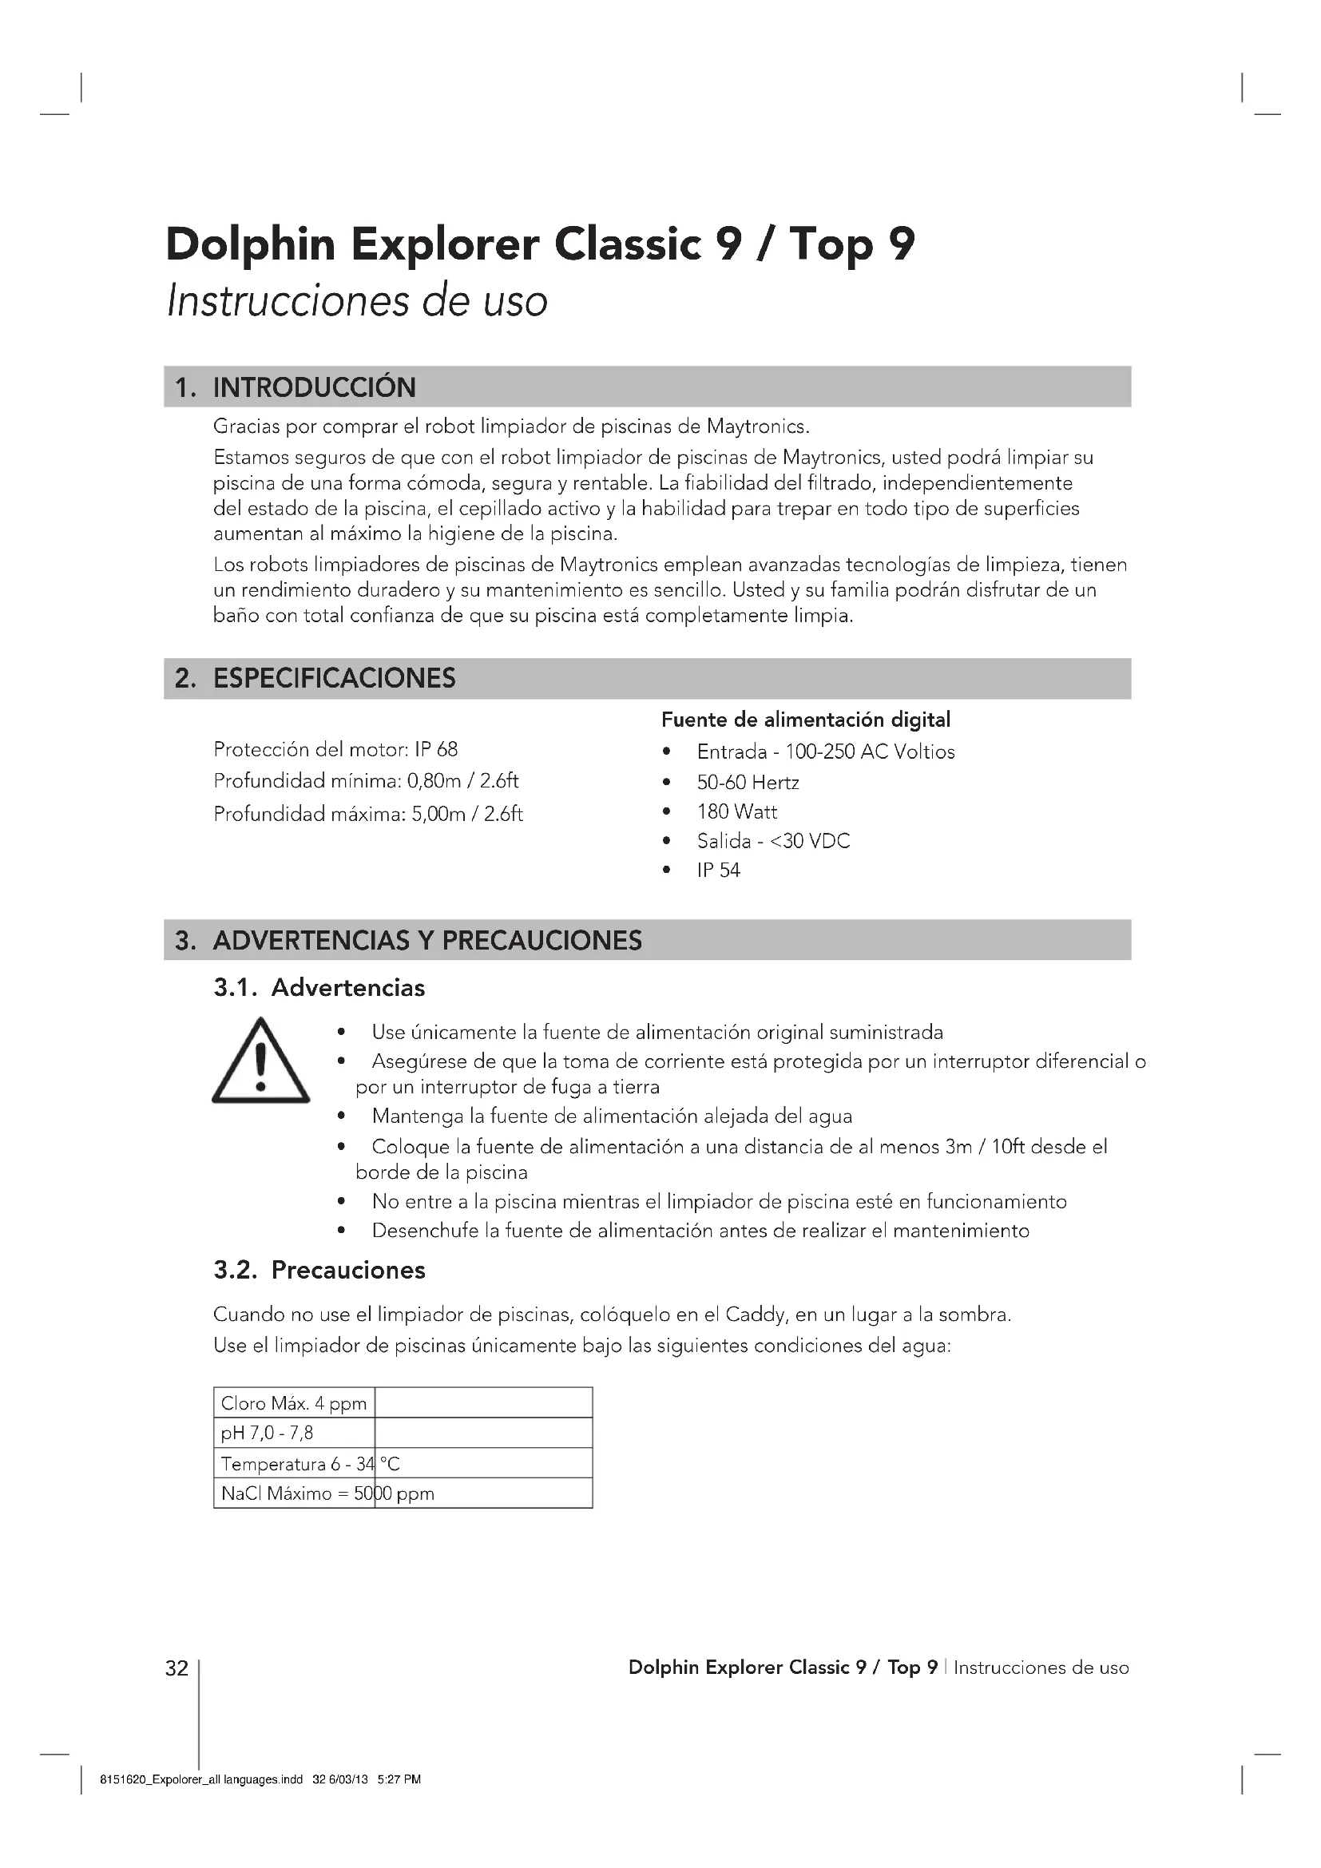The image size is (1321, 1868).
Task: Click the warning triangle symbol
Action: [260, 1061]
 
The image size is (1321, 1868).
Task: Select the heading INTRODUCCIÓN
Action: [314, 387]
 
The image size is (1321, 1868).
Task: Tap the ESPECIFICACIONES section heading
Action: [334, 679]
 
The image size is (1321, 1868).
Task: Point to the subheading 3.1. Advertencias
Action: [319, 988]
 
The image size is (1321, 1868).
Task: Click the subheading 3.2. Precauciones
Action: [319, 1270]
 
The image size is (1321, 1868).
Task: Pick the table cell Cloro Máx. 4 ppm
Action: [294, 1403]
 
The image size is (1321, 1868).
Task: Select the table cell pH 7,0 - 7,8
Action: [268, 1433]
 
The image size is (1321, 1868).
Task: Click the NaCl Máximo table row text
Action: [327, 1493]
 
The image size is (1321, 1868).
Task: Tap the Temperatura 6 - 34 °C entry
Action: [310, 1465]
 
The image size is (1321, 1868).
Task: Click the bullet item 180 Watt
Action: [737, 812]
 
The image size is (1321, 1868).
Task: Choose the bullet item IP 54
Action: [718, 871]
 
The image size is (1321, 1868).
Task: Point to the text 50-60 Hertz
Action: [748, 783]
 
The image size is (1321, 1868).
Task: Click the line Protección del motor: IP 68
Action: [335, 749]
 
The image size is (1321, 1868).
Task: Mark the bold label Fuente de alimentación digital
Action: [805, 720]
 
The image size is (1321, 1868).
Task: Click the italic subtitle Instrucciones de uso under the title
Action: [357, 301]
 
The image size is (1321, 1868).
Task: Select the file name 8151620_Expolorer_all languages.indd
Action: [201, 1779]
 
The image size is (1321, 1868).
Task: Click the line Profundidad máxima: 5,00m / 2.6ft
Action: [367, 815]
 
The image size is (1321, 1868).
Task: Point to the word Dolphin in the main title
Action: [251, 244]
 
